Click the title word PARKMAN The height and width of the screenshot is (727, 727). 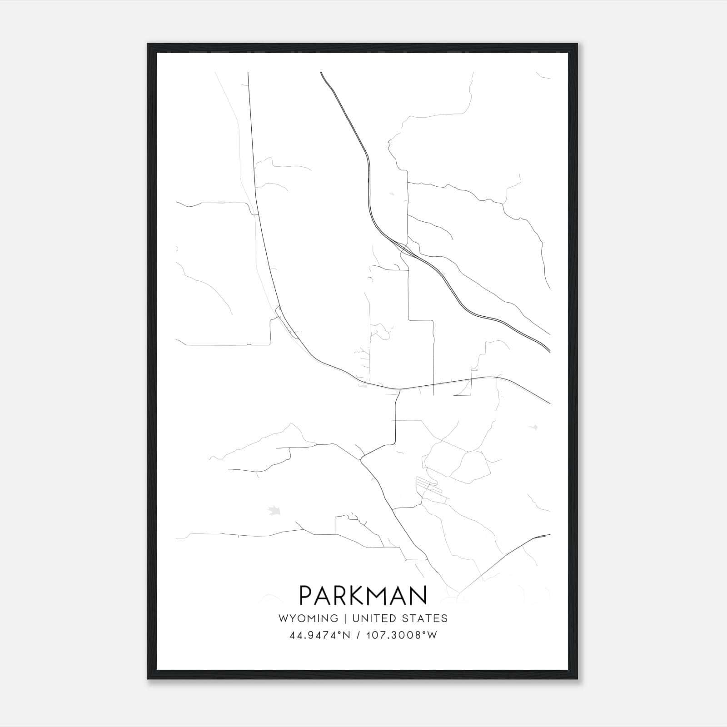tap(363, 595)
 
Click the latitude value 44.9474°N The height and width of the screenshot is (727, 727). tap(319, 635)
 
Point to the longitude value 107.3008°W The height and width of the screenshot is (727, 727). tap(402, 635)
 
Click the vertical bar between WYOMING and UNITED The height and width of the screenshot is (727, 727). tap(345, 618)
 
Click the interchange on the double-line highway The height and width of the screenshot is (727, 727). tap(403, 248)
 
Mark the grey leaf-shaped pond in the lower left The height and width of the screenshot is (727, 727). tap(274, 511)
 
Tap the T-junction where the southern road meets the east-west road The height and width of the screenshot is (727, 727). tap(398, 389)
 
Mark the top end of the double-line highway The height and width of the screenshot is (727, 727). tap(321, 73)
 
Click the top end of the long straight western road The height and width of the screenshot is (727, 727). tap(248, 73)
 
